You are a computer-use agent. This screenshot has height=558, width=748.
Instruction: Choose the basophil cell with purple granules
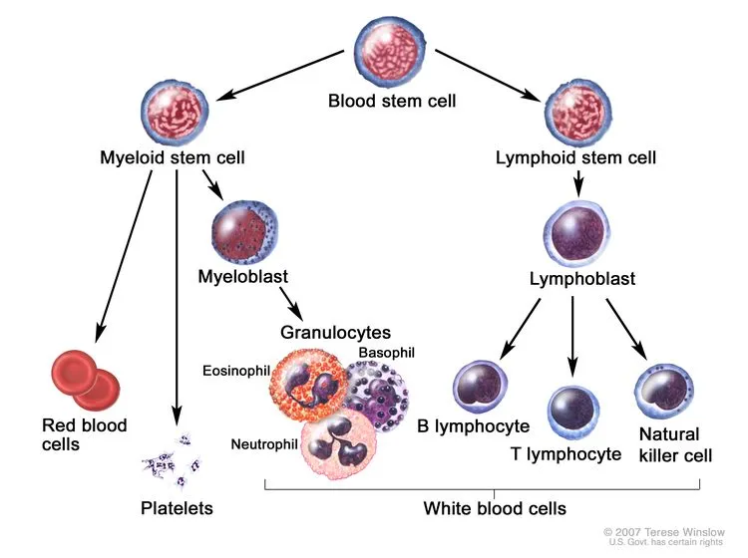[x=378, y=390]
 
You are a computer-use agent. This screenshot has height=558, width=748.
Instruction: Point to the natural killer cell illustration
[x=664, y=391]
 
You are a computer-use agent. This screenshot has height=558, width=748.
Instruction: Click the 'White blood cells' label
[x=495, y=508]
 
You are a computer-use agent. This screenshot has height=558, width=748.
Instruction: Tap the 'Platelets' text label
[x=177, y=509]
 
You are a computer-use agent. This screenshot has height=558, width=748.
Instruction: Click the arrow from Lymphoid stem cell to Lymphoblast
[x=575, y=181]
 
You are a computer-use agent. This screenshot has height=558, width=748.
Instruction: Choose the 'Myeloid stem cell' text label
[x=173, y=157]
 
